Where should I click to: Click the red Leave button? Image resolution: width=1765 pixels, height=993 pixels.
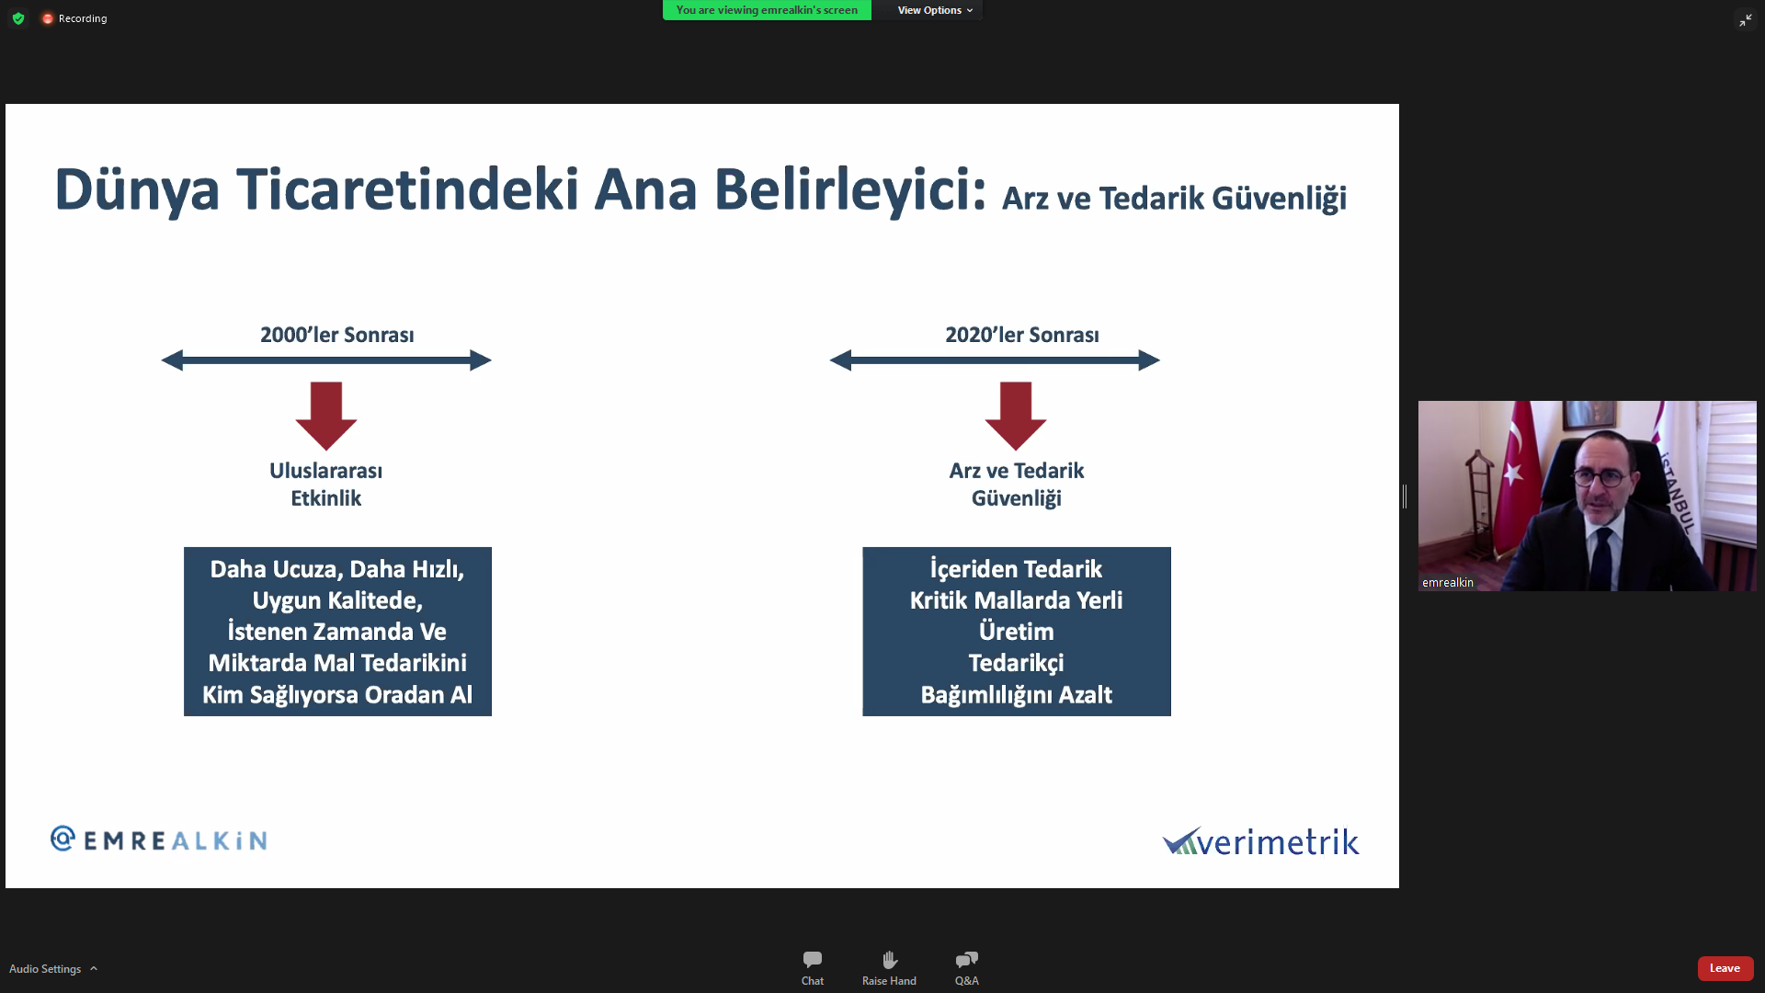pyautogui.click(x=1725, y=968)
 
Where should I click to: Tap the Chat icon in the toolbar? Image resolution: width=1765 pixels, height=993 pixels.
pyautogui.click(x=813, y=960)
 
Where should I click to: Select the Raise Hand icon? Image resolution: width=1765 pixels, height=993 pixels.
pyautogui.click(x=889, y=960)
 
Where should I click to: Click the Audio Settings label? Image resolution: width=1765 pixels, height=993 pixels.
pyautogui.click(x=45, y=969)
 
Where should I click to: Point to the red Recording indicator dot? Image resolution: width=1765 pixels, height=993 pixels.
pyautogui.click(x=48, y=18)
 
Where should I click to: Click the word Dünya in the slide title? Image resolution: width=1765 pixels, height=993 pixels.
pyautogui.click(x=137, y=190)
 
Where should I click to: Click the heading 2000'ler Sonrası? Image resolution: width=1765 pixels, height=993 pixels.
pyautogui.click(x=337, y=335)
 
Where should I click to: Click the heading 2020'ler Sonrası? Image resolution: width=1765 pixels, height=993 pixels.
pyautogui.click(x=1022, y=335)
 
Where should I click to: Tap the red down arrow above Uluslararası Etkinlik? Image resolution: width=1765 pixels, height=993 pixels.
pyautogui.click(x=326, y=416)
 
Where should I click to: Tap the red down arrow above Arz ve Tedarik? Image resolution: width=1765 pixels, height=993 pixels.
pyautogui.click(x=1016, y=416)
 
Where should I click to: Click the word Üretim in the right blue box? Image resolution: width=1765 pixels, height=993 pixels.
pyautogui.click(x=1016, y=632)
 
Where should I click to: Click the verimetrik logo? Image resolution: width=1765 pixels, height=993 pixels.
pyautogui.click(x=1260, y=840)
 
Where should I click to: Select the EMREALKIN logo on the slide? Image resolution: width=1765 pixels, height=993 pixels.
pyautogui.click(x=158, y=839)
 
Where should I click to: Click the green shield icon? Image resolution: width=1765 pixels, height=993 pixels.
pyautogui.click(x=18, y=18)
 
